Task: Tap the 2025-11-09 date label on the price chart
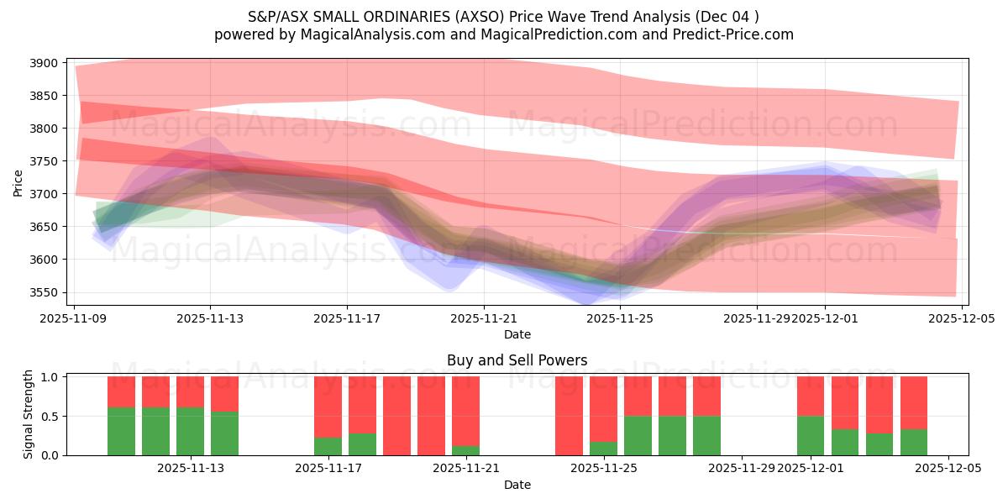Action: coord(74,318)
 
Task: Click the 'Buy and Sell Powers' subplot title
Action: coord(517,361)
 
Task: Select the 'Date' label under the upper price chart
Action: coord(517,334)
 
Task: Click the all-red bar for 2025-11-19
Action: coord(396,416)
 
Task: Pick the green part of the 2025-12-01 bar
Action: coord(811,435)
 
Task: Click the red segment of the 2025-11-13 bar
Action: coord(224,393)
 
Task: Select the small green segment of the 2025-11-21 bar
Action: coord(465,450)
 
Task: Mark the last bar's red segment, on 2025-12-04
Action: coord(914,402)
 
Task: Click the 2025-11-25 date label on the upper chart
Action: coord(620,318)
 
